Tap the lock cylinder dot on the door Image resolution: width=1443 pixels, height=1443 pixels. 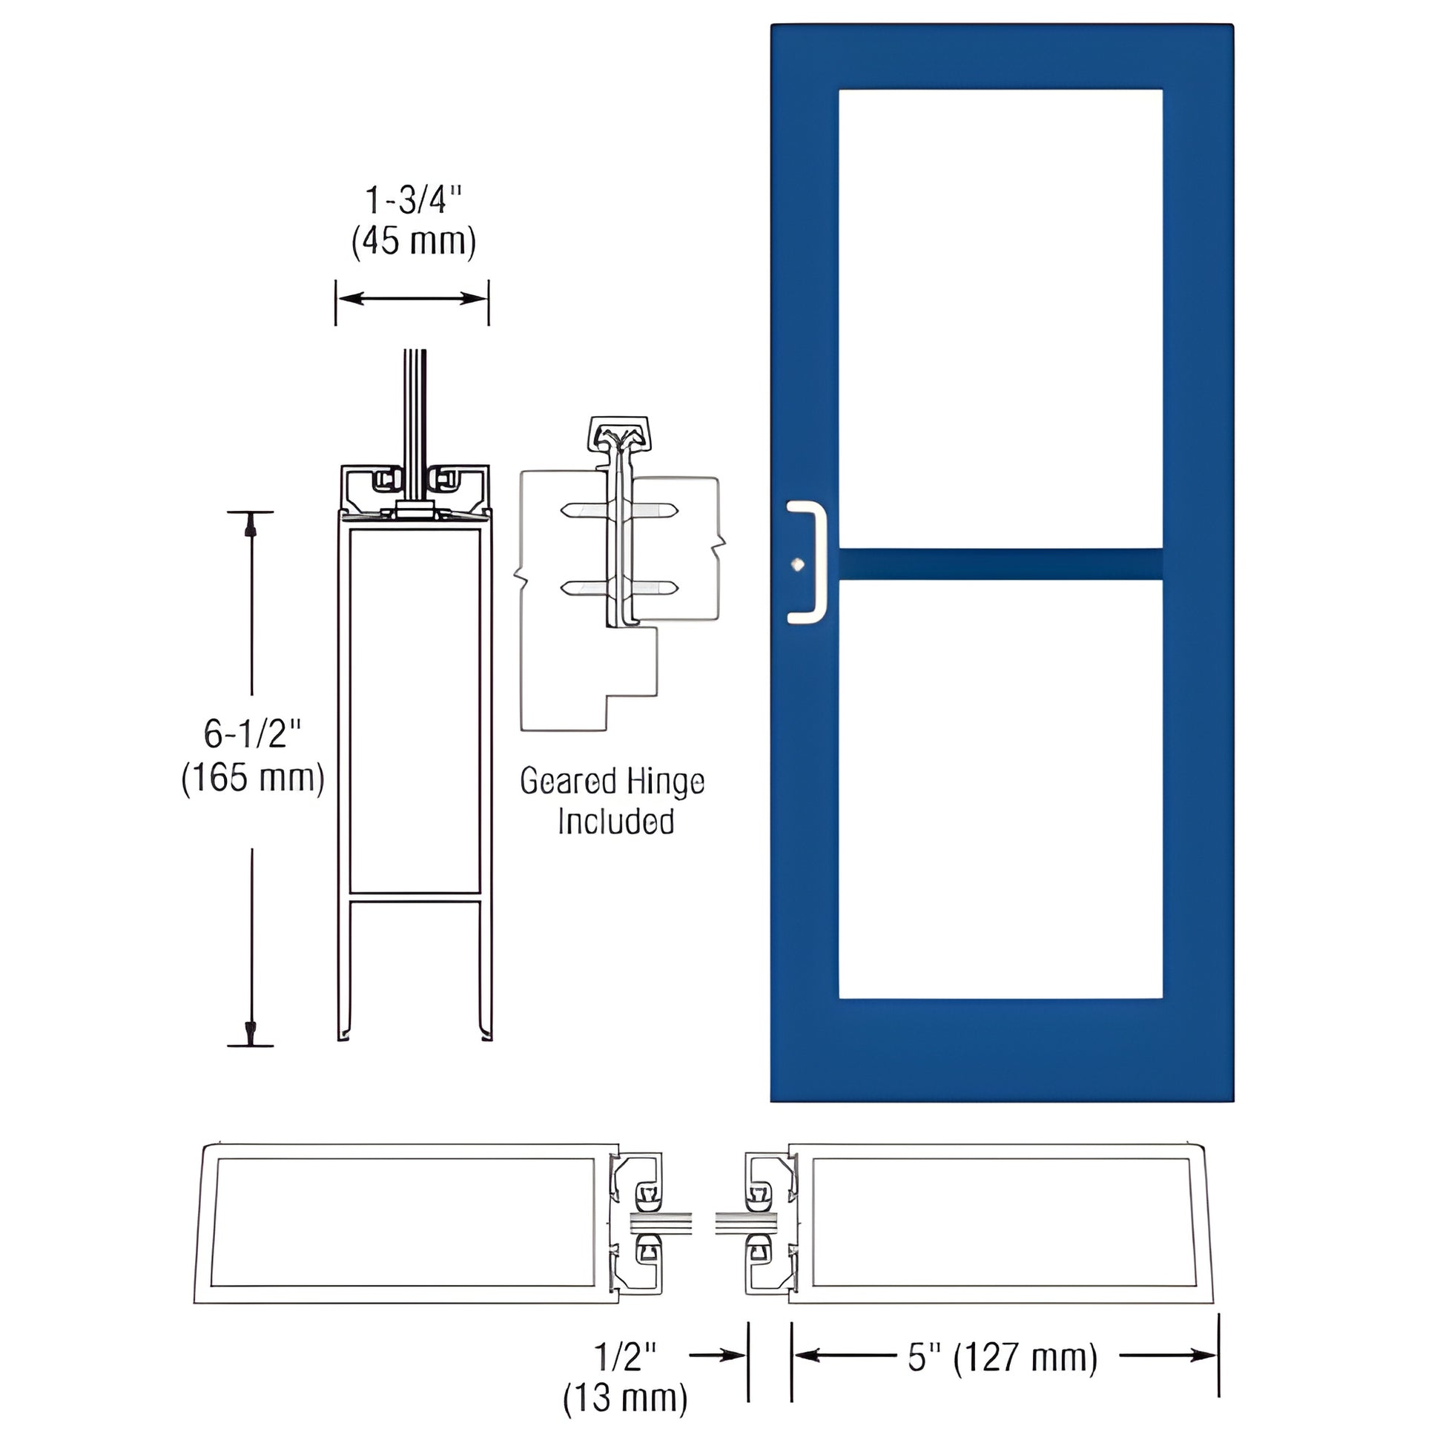[x=799, y=564]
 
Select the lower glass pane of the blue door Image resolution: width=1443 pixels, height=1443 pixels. [x=1000, y=788]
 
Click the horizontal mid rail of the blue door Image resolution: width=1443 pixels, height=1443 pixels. [x=1000, y=564]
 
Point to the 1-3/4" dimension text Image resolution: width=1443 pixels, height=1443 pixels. [x=413, y=201]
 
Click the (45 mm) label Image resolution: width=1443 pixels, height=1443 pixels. [x=413, y=241]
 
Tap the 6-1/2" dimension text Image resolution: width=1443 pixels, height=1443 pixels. [x=252, y=734]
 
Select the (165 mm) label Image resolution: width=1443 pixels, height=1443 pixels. [x=252, y=779]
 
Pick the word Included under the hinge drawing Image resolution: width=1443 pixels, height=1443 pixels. [x=616, y=822]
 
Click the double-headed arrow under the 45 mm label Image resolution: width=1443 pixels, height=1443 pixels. [x=412, y=299]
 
